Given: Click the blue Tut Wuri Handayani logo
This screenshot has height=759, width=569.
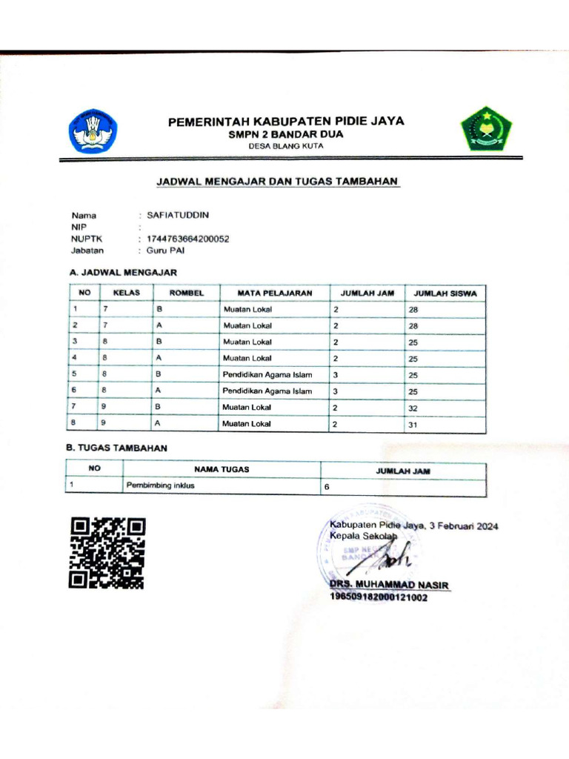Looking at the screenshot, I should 93,131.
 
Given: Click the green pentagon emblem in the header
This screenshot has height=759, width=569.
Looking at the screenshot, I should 485,129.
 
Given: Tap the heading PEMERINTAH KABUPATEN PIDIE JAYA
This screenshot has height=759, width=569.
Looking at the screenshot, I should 286,122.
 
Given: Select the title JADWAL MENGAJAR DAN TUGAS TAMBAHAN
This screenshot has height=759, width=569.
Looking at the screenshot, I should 277,181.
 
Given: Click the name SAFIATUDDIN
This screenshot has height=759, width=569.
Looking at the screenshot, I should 179,215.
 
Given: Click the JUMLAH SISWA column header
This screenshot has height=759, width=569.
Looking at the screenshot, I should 445,293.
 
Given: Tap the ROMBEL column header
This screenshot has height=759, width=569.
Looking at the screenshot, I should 186,293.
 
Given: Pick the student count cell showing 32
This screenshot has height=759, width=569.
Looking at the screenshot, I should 413,408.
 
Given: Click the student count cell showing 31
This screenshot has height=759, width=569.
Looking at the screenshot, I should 413,425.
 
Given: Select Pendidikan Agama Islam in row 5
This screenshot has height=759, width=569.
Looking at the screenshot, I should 267,375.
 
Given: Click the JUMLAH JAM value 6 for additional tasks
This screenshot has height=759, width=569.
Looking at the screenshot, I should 327,488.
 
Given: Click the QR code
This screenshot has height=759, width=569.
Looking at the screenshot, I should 107,553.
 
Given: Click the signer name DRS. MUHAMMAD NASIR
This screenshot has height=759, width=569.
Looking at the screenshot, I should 390,586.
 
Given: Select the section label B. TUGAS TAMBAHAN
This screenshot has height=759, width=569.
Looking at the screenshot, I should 118,448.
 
